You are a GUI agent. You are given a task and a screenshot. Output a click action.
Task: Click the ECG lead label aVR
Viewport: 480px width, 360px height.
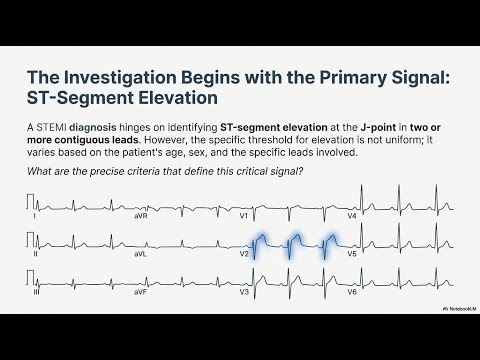pyautogui.click(x=139, y=215)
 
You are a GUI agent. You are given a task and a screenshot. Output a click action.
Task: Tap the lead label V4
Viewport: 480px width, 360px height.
pyautogui.click(x=351, y=215)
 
